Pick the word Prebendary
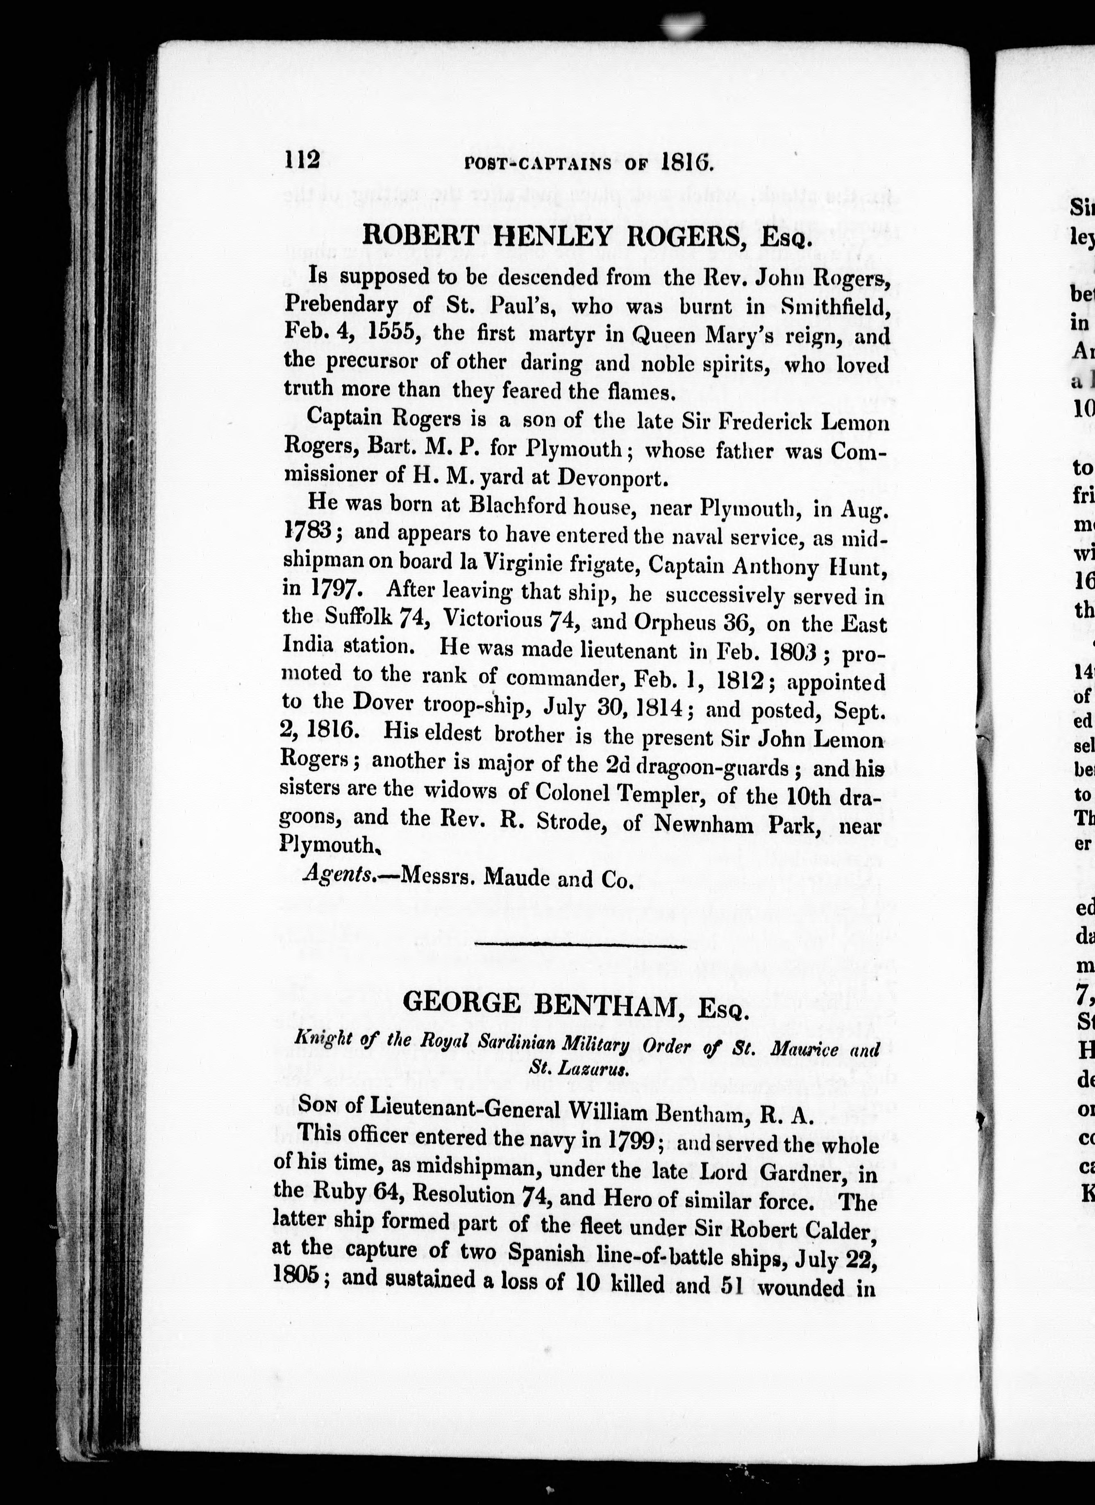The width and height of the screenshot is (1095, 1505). click(x=341, y=305)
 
